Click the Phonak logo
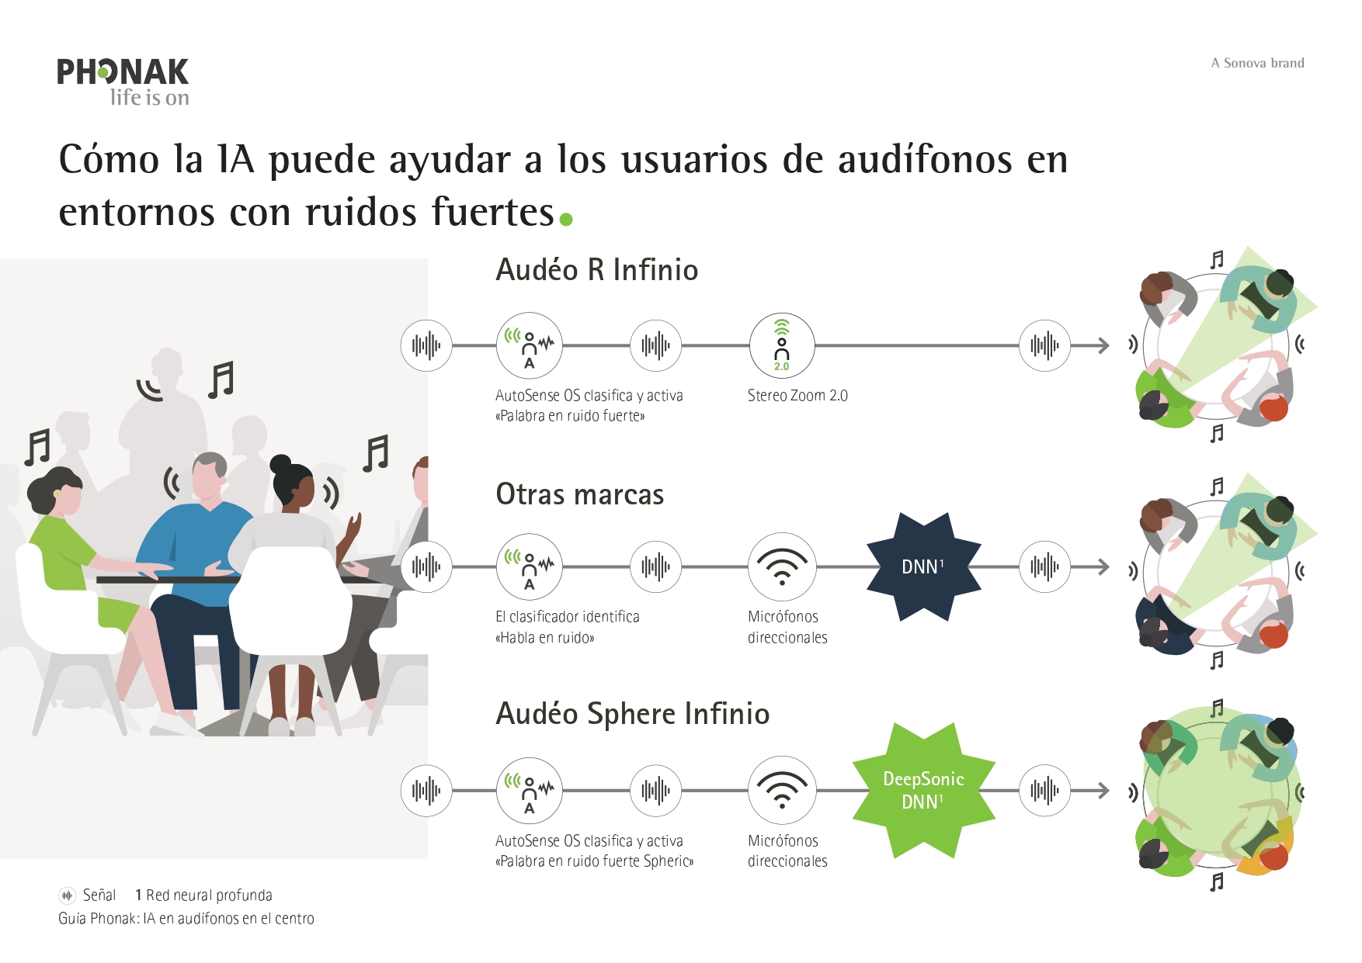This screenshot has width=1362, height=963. [x=123, y=81]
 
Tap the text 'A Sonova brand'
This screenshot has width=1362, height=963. [x=1257, y=64]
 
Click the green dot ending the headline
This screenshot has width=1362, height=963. [x=566, y=220]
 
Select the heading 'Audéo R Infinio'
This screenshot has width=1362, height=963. [x=596, y=270]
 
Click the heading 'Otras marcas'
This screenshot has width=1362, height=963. [x=579, y=494]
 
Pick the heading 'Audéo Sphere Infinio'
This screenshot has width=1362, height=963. [x=632, y=714]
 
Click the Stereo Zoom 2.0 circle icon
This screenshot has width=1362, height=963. [x=782, y=345]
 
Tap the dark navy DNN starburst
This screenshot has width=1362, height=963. [x=923, y=566]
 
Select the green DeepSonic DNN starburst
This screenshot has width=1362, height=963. [x=923, y=790]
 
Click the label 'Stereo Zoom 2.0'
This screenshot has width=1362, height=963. [x=797, y=396]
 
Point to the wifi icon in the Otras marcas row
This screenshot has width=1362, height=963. [x=782, y=566]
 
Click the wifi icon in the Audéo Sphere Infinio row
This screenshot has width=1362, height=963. [x=782, y=790]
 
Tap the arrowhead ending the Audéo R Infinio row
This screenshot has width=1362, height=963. [x=1103, y=345]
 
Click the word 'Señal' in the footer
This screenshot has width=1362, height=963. [x=99, y=895]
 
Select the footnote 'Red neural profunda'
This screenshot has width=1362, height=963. [x=209, y=895]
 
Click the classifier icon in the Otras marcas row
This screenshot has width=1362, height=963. [x=530, y=566]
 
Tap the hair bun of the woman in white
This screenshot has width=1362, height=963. [x=280, y=464]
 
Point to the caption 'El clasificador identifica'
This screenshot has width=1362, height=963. [x=568, y=617]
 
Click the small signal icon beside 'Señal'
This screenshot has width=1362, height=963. [x=68, y=895]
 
